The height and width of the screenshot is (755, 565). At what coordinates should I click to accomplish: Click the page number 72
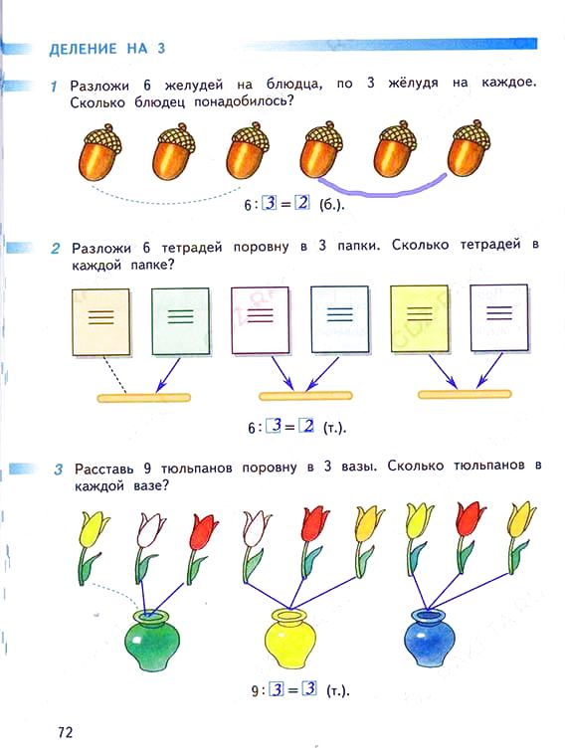coord(65,732)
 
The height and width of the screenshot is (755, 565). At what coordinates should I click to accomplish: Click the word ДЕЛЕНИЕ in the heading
coord(84,49)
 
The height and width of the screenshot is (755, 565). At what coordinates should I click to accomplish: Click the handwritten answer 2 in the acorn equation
coord(302,203)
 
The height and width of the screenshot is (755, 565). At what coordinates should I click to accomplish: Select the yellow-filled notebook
coord(419,318)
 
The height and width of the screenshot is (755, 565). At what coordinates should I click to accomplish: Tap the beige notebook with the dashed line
coord(101,321)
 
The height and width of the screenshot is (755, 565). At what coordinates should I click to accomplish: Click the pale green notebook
coord(181,321)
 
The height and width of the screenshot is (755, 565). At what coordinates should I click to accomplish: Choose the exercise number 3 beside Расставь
coord(59,469)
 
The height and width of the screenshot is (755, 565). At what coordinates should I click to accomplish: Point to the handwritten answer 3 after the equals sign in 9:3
coord(309,688)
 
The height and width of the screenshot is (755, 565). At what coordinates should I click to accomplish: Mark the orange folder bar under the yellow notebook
coord(465,394)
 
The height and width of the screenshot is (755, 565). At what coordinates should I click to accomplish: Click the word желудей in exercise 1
coord(194,86)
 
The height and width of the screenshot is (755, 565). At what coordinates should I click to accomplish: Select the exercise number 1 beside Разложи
coord(54,87)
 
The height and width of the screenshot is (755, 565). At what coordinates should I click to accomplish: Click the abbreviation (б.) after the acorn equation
coord(332,205)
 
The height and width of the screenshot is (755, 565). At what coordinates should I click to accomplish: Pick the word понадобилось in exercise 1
coord(244,102)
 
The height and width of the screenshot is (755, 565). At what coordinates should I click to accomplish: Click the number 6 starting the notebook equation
coord(252,428)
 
